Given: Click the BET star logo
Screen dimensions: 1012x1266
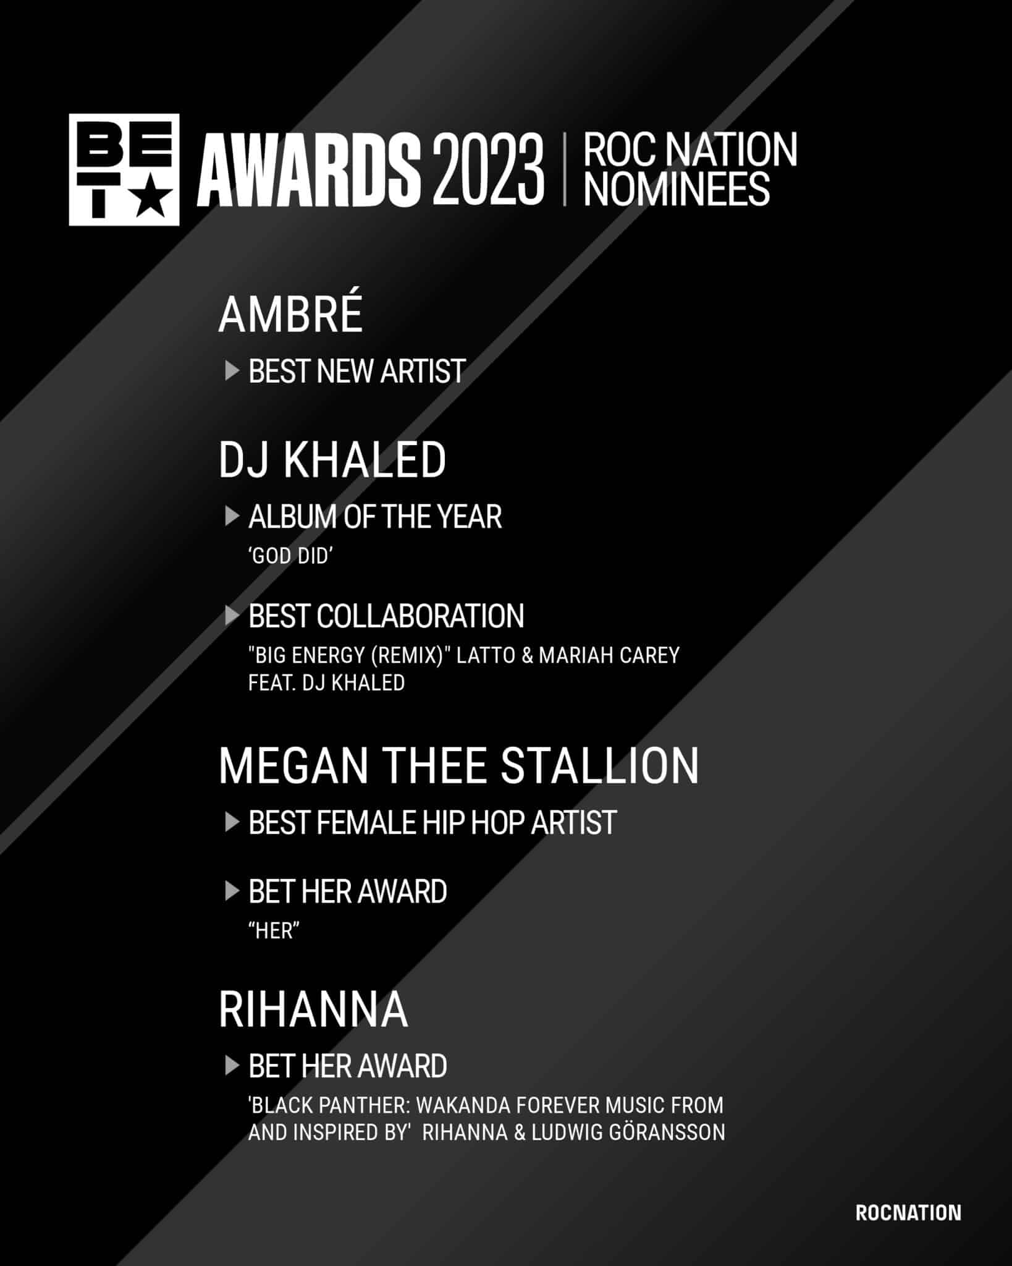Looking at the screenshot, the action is tap(124, 169).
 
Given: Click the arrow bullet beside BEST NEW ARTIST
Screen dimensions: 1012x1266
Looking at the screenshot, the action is tap(232, 371).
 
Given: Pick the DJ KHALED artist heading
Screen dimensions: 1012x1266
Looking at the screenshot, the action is tap(332, 460).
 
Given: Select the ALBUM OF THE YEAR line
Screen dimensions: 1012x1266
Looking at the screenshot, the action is tap(375, 517).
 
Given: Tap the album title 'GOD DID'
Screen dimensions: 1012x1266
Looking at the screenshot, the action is tap(290, 556).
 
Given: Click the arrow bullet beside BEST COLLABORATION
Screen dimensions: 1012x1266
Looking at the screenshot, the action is tap(232, 615).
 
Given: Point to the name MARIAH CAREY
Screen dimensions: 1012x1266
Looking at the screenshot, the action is tap(609, 655).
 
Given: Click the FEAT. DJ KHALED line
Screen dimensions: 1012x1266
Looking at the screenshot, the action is tap(326, 683).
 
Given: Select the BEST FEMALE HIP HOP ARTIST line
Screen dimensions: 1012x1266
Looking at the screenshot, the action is tap(432, 823).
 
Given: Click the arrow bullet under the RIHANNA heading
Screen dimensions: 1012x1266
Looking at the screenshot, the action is tap(232, 1066).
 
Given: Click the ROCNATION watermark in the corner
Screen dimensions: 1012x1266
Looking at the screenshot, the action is tap(908, 1213).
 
